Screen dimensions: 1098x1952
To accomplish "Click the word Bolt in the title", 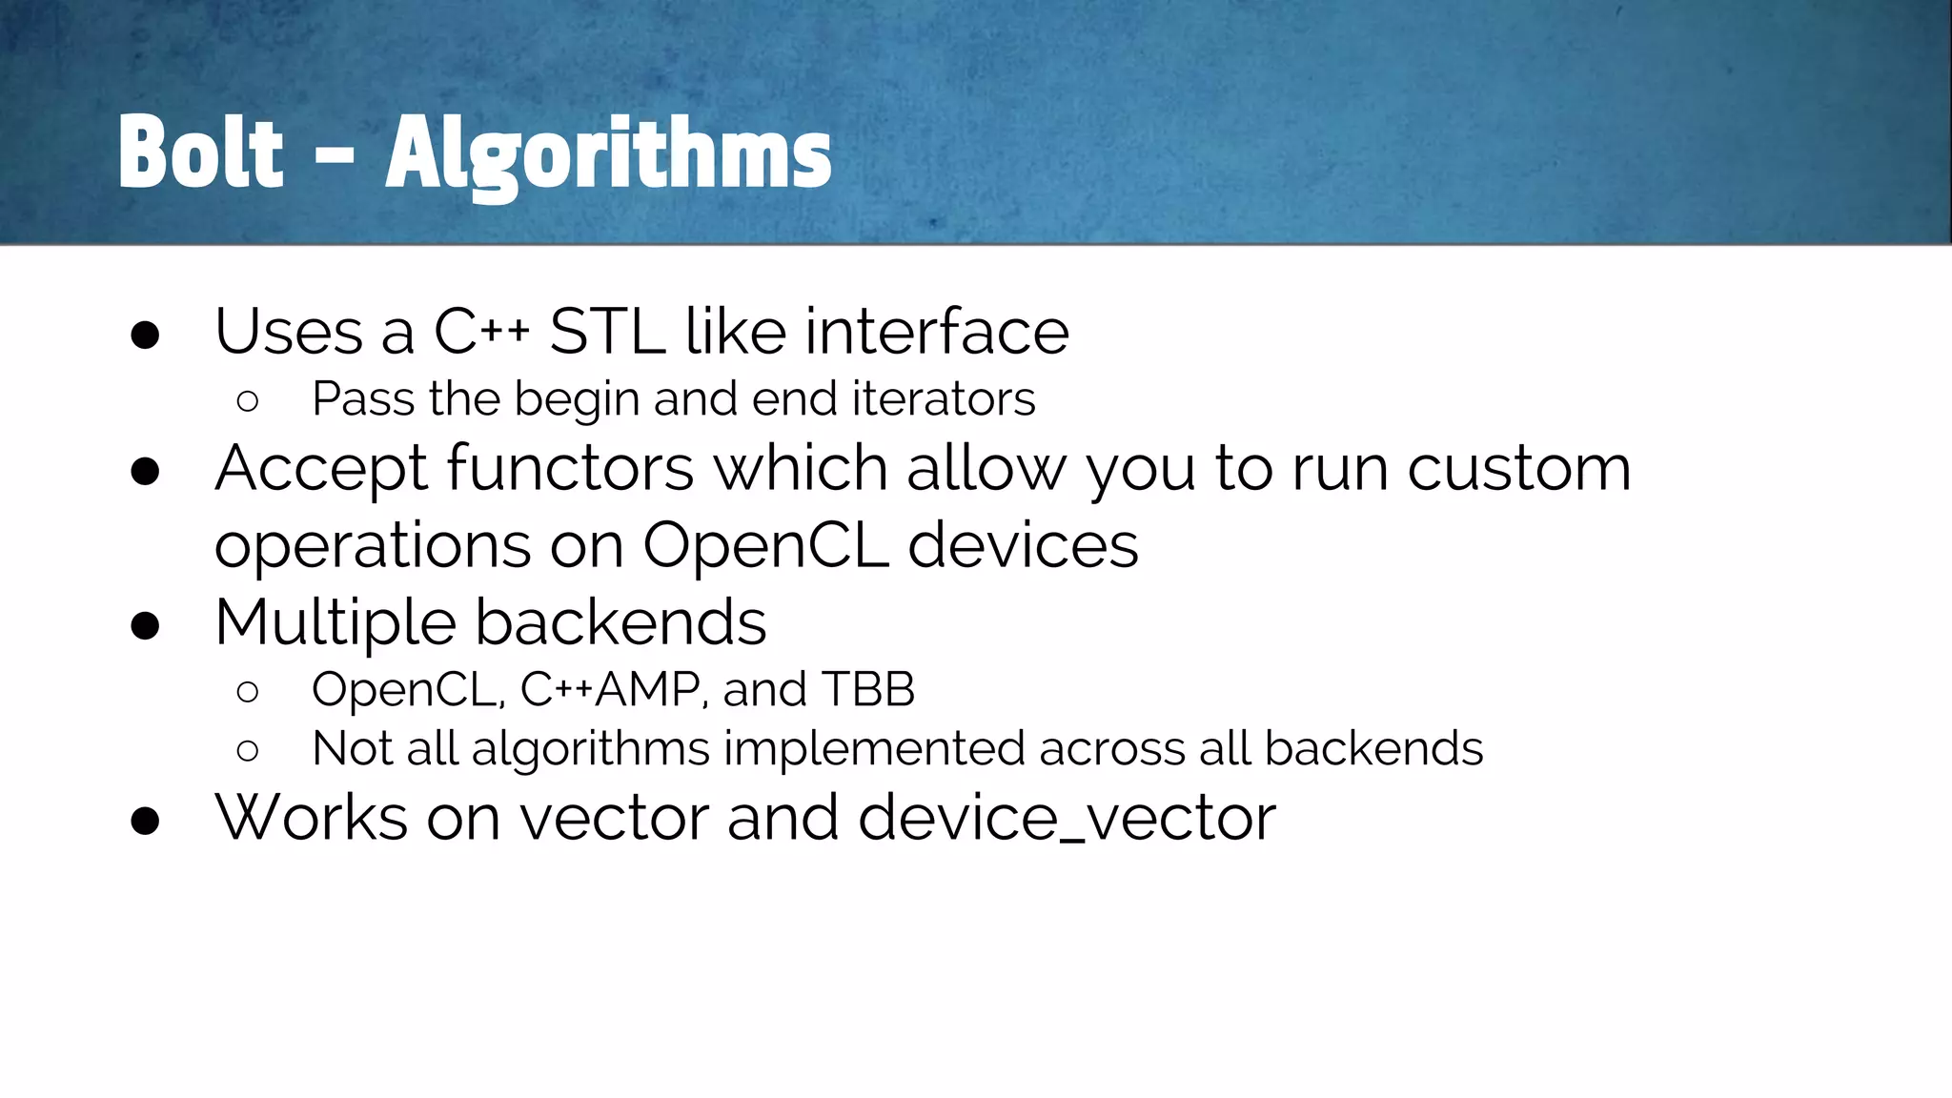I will [x=200, y=152].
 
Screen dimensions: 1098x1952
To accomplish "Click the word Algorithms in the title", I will [x=608, y=154].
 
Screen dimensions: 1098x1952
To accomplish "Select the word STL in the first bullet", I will [x=607, y=332].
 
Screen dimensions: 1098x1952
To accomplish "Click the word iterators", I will [x=943, y=398].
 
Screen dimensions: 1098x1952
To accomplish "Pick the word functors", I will [x=570, y=468].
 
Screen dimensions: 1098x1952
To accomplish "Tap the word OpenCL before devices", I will [x=766, y=545].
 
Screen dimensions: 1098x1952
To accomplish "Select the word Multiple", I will [x=335, y=622].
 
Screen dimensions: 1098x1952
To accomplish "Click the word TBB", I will [x=867, y=689].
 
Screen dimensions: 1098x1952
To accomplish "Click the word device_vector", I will [x=1067, y=818].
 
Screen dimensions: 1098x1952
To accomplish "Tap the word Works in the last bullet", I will [x=312, y=818].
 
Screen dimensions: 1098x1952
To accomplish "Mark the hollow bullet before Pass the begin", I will [x=248, y=401].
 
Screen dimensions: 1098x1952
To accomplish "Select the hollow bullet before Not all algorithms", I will [x=248, y=751].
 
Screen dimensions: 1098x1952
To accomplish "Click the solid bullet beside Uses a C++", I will [x=145, y=335].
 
